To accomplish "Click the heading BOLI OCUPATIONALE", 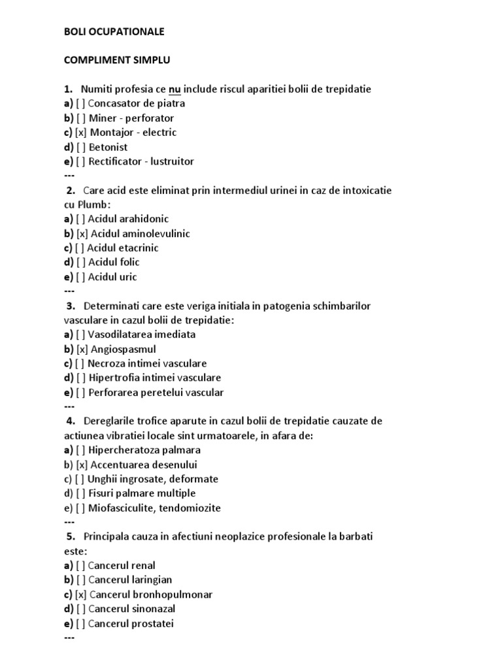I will pos(114,31).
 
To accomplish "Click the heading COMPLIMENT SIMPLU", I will pos(116,60).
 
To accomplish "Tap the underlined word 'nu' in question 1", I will pos(175,89).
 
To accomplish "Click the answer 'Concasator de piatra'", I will pos(136,103).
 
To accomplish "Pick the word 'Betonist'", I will pos(109,147).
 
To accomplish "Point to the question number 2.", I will pos(71,190).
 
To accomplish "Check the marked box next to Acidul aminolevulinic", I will pos(82,233).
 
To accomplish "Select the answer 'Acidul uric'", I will pos(112,276).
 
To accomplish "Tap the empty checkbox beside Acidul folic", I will pos(80,262).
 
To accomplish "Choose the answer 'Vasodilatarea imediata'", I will pos(142,334).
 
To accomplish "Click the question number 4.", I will pos(71,421).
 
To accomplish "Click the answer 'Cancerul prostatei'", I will pos(131,623).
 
